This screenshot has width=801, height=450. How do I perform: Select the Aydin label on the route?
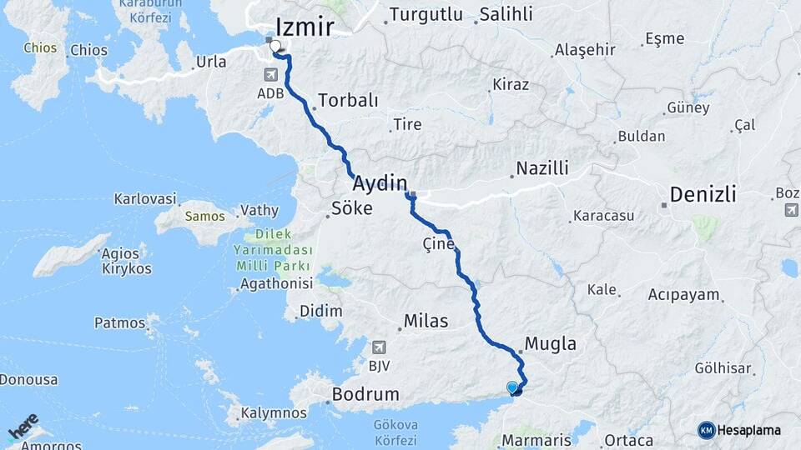click(x=380, y=183)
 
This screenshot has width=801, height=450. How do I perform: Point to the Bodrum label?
click(x=365, y=393)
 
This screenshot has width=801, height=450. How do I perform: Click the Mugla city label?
click(x=551, y=343)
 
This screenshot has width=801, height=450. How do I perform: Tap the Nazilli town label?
click(x=542, y=168)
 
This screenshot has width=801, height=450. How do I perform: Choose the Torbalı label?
click(x=348, y=100)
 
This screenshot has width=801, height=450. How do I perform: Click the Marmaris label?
click(x=537, y=439)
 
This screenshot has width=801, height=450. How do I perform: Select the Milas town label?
click(x=426, y=321)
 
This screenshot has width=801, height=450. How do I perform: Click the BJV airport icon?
click(x=380, y=347)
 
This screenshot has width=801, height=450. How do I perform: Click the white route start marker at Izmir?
click(x=275, y=47)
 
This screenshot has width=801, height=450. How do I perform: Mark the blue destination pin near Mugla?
click(x=512, y=387)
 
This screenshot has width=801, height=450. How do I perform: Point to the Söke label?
click(x=352, y=208)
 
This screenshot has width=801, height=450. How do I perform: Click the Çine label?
click(x=439, y=244)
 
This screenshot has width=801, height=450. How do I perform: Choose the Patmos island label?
click(x=120, y=322)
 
